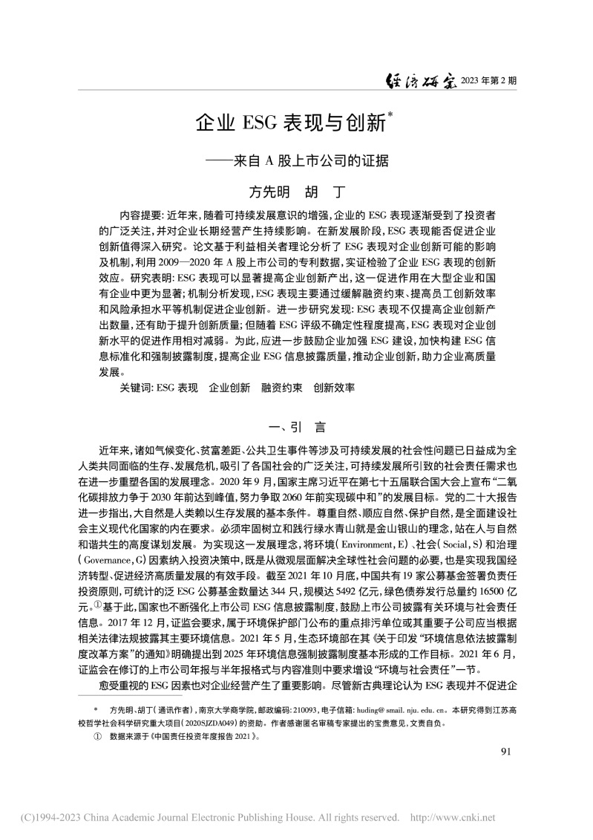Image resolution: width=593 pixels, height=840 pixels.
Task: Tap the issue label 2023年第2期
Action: [x=488, y=82]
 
